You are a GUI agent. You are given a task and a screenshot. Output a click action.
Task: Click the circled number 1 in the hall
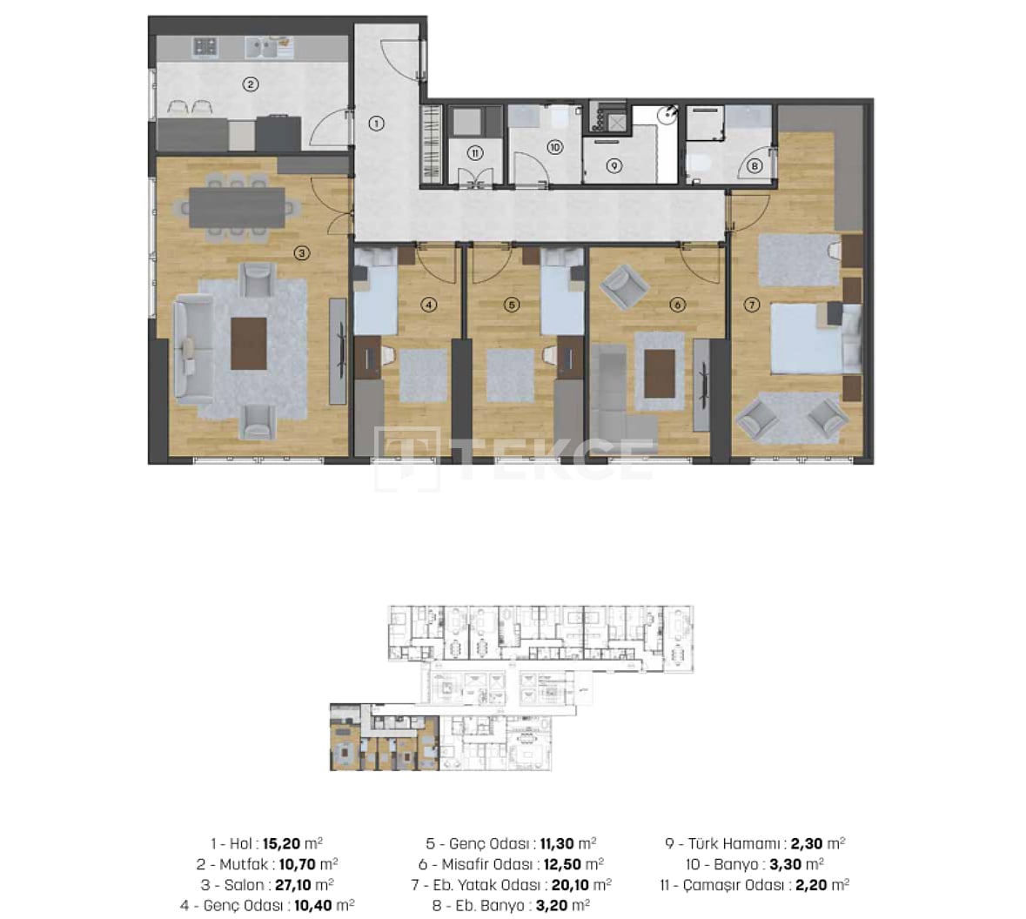[x=376, y=123]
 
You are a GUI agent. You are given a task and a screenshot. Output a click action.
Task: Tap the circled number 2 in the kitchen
[x=250, y=84]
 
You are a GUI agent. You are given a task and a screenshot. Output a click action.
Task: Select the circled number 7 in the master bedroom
[x=752, y=305]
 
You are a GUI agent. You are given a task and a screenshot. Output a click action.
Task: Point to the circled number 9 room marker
[x=614, y=165]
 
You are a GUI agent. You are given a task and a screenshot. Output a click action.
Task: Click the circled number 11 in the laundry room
[x=475, y=153]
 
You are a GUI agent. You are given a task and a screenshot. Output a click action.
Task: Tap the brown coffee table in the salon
[x=249, y=344]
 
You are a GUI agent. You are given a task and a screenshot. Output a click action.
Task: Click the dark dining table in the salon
[x=237, y=207]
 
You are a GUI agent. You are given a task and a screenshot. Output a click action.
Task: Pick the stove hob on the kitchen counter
[x=205, y=46]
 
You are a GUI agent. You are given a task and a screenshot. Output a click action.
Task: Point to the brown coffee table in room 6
[x=660, y=373]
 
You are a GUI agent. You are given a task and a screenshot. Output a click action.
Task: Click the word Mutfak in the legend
[x=244, y=864]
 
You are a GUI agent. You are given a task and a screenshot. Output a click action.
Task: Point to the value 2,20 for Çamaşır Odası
[x=811, y=885]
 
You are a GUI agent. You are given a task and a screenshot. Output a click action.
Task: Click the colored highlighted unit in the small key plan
[x=384, y=737]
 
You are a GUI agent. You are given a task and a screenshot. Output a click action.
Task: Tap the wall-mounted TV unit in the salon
[x=338, y=351]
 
